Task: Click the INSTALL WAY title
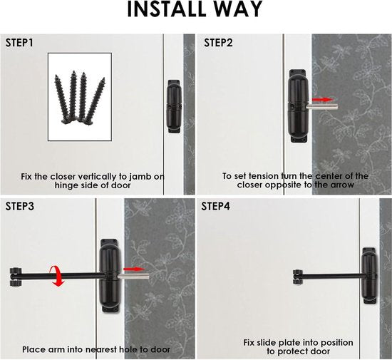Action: [x=195, y=9]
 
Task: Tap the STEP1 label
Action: [x=19, y=43]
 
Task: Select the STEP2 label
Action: [x=218, y=43]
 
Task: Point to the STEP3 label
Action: [x=20, y=206]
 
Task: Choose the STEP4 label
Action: [x=215, y=206]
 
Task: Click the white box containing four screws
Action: [x=80, y=97]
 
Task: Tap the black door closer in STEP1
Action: [x=173, y=106]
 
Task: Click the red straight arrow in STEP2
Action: [x=322, y=100]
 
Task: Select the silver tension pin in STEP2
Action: [x=321, y=107]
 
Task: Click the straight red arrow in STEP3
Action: [x=134, y=269]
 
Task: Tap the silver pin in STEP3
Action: [x=133, y=276]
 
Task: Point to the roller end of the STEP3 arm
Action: [x=16, y=277]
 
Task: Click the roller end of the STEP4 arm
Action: [x=297, y=277]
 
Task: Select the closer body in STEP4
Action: [x=369, y=276]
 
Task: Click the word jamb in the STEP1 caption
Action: [x=140, y=177]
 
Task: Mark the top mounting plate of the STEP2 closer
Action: [x=297, y=73]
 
